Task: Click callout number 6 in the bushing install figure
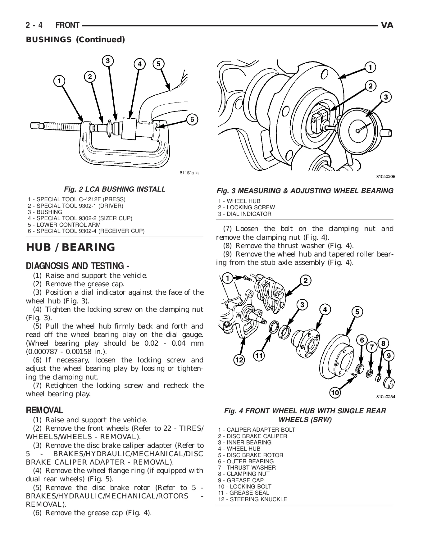coord(192,120)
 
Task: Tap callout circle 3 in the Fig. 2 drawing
coord(107,61)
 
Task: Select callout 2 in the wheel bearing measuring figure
coord(371,86)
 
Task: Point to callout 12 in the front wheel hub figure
coord(239,360)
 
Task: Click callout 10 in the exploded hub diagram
coord(335,393)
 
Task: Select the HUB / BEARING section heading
coord(70,247)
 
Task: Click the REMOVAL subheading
coord(44,410)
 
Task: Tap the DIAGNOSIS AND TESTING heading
coord(78,266)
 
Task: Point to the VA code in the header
coord(387,25)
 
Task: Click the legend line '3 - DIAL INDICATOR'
coord(244,214)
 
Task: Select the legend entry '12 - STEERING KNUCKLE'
coord(252,499)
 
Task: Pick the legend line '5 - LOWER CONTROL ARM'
coord(64,225)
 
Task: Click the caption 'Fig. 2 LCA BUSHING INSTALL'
coord(115,189)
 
